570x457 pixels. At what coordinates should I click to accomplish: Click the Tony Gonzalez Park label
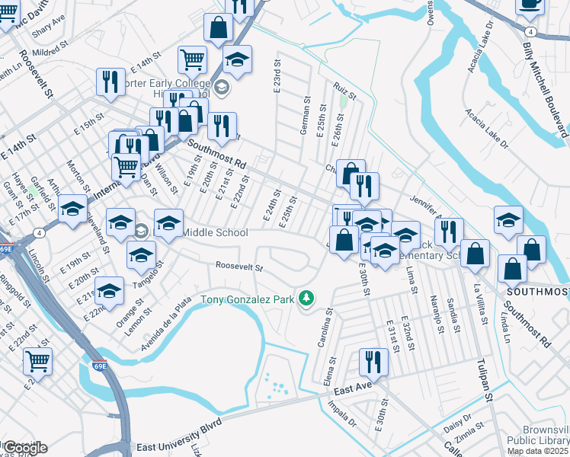click(247, 299)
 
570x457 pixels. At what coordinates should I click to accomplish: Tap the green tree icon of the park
click(306, 298)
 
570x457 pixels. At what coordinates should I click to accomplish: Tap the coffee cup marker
click(530, 5)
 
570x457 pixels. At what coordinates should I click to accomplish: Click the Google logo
click(24, 448)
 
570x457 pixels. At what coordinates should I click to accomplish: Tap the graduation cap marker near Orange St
click(110, 292)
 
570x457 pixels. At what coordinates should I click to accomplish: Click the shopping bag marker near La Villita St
click(476, 256)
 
